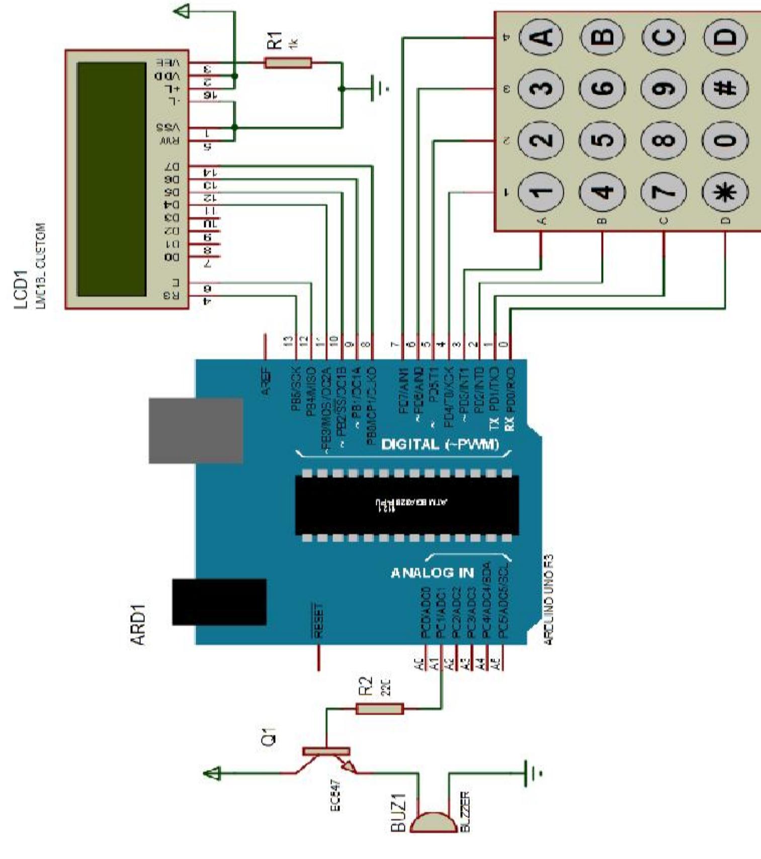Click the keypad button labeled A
pos(541,37)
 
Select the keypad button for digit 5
pos(603,140)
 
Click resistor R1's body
pos(288,63)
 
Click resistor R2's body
pos(379,709)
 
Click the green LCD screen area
pos(112,179)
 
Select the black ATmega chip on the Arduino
pos(406,505)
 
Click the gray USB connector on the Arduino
pos(196,431)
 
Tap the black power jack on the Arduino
pos(219,602)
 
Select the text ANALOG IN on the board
pos(432,573)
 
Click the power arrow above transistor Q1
pos(213,773)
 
